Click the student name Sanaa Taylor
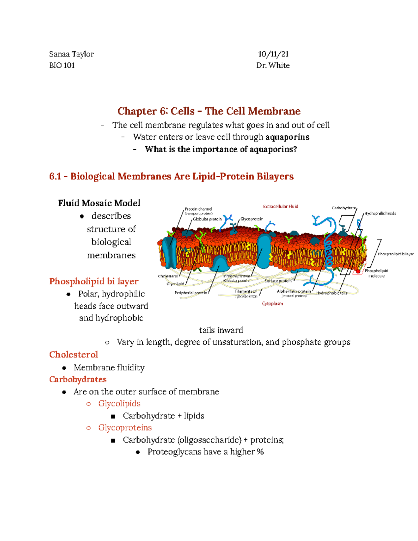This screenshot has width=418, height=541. pos(71,54)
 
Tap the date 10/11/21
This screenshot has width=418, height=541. pos(273,54)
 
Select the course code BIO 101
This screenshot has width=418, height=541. pos(62,65)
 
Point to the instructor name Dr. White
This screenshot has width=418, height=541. pos(273,65)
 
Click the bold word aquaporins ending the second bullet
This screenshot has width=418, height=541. pos(287,137)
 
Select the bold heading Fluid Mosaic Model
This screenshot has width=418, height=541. pos(99,203)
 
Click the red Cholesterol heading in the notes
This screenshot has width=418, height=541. pos(73,355)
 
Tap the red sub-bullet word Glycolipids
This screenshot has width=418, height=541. pos(119,403)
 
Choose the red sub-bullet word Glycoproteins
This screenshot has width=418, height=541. pos(125,427)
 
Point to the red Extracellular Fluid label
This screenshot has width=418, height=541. pos(280,207)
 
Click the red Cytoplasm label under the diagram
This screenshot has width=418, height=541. pos(272,304)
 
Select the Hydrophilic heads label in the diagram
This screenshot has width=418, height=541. pos(380,214)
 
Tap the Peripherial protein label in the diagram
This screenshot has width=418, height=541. pos(191,293)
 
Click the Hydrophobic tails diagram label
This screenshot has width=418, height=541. pos(332,293)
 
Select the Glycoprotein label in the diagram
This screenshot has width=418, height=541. pos(251,219)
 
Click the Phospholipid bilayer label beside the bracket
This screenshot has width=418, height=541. pos(396,254)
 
